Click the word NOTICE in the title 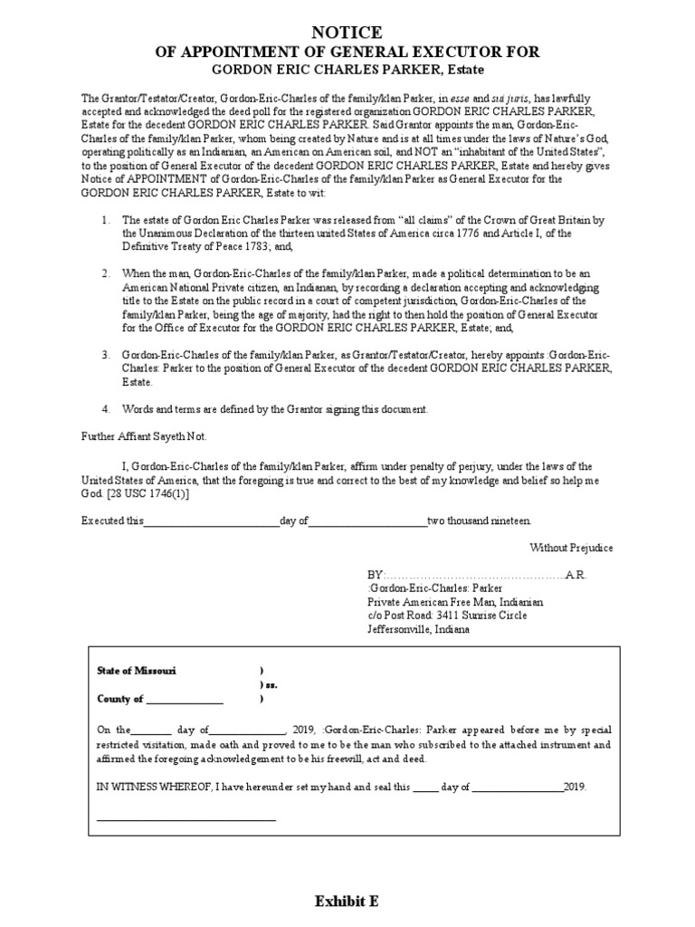pyautogui.click(x=347, y=33)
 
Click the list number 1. pyautogui.click(x=106, y=220)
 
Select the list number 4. pyautogui.click(x=106, y=409)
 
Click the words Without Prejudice pyautogui.click(x=571, y=548)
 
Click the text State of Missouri pyautogui.click(x=137, y=670)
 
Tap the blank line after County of pyautogui.click(x=184, y=700)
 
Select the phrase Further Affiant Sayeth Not pyautogui.click(x=140, y=435)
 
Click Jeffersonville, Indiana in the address pyautogui.click(x=418, y=629)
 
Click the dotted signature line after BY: pyautogui.click(x=475, y=575)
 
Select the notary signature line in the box pyautogui.click(x=186, y=819)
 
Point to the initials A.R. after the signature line pyautogui.click(x=576, y=575)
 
